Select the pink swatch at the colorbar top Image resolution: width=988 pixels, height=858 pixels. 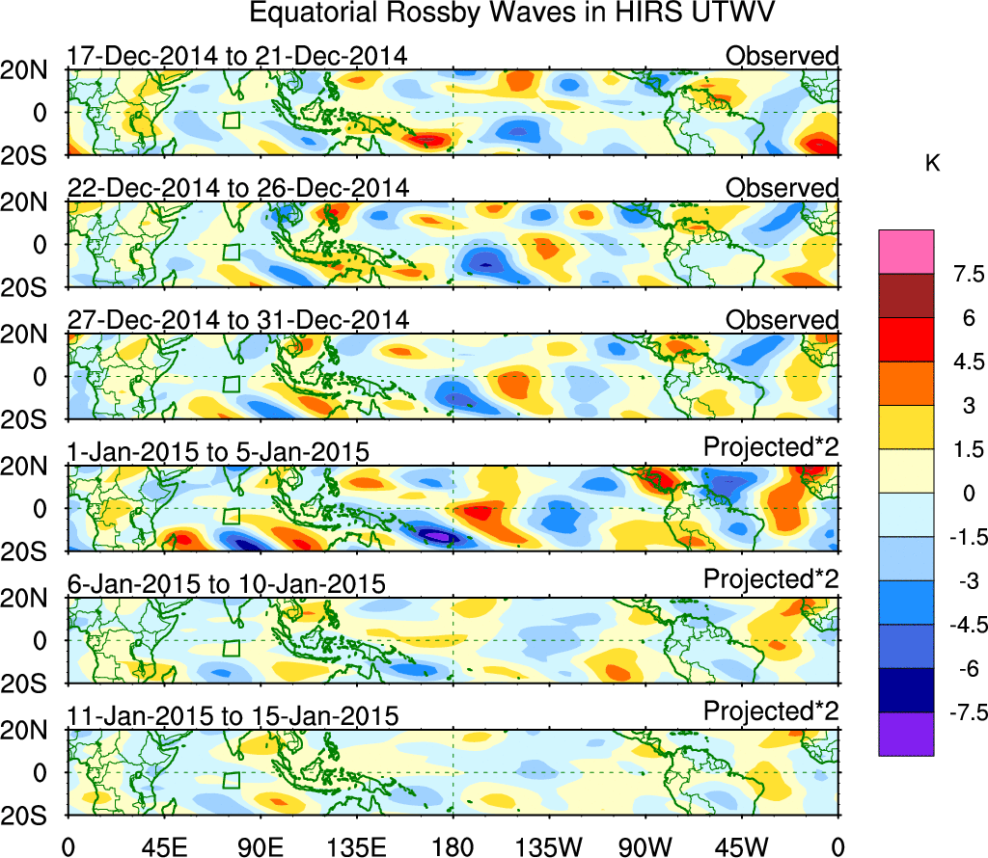(906, 252)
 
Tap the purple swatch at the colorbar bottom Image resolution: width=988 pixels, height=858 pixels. (906, 734)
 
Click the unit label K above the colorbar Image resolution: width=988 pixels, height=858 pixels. (932, 164)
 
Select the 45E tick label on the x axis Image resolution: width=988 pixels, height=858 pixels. (162, 846)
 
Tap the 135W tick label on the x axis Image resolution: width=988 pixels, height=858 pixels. (548, 846)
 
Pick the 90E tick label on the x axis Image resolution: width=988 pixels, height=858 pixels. (260, 846)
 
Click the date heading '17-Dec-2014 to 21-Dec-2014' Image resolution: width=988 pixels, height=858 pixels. (236, 56)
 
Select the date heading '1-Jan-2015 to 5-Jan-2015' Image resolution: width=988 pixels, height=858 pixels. (218, 451)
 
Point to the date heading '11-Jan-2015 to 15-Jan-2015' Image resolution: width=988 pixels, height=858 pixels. (232, 716)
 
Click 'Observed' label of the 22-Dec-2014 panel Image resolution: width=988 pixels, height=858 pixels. (782, 188)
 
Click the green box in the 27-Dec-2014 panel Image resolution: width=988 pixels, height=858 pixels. (231, 384)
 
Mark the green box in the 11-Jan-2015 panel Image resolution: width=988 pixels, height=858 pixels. (231, 780)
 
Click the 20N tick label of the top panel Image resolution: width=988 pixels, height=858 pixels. (31, 70)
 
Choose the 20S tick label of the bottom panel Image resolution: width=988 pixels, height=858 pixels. (31, 816)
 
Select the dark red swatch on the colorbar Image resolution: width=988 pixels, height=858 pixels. (906, 296)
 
